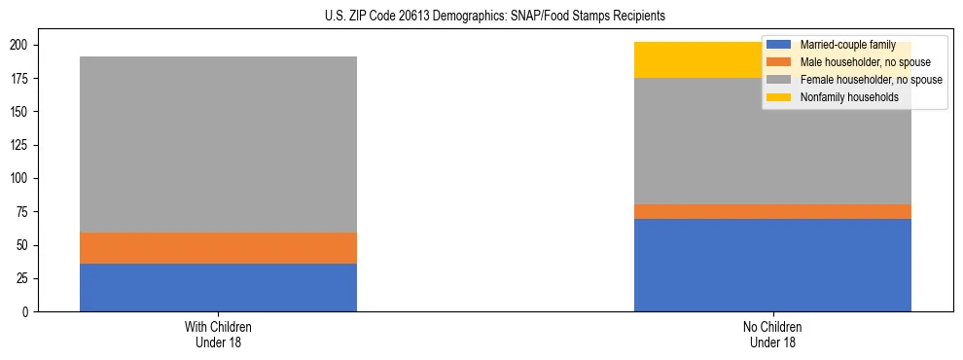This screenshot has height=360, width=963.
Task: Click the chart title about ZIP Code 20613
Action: pos(495,17)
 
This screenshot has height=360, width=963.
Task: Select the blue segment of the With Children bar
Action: pos(218,287)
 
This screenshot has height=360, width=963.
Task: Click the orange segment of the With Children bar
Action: pos(218,248)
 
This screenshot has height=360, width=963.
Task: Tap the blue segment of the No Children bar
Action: pos(772,265)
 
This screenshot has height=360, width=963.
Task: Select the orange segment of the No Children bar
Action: pos(772,211)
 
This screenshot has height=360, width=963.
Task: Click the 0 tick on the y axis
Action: pos(27,311)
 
